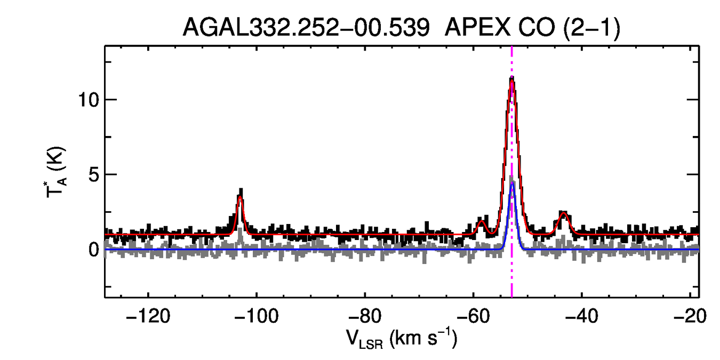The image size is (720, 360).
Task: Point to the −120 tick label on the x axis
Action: pyautogui.click(x=147, y=316)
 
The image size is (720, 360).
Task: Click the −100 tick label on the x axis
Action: pyautogui.click(x=256, y=316)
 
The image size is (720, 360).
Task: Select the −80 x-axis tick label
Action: pyautogui.click(x=364, y=316)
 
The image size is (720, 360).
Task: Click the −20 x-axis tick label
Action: pyautogui.click(x=689, y=316)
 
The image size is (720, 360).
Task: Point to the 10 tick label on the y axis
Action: pyautogui.click(x=86, y=100)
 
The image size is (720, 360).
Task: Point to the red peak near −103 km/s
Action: pyautogui.click(x=241, y=197)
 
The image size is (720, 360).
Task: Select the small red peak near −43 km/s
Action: pyautogui.click(x=563, y=213)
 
